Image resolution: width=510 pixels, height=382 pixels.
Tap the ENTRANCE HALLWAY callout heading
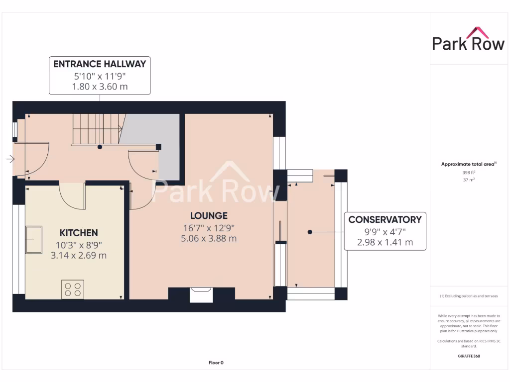tap(100, 64)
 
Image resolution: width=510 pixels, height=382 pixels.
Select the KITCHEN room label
tap(79, 233)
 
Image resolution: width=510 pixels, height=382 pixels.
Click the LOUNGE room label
tap(209, 215)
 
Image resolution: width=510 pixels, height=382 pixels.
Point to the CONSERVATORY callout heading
tap(384, 219)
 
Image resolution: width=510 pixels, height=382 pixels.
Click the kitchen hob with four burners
tap(73, 289)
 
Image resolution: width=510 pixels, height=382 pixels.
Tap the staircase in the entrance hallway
tap(98, 129)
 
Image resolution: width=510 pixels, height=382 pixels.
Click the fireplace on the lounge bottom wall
tap(202, 294)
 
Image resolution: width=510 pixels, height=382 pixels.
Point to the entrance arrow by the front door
tap(10, 159)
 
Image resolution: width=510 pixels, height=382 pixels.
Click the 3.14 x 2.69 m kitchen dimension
tap(79, 256)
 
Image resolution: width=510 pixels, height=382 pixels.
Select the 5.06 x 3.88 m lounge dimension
tap(209, 238)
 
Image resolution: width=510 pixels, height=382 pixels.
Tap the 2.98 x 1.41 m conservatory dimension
tap(384, 242)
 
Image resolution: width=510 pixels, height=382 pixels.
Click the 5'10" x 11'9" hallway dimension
tap(100, 76)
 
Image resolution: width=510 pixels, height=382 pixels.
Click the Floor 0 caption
tap(216, 363)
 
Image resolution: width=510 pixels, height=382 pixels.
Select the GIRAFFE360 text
tap(468, 356)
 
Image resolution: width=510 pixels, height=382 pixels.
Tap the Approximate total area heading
tap(469, 164)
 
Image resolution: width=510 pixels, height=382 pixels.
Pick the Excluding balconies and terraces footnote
tap(468, 296)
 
